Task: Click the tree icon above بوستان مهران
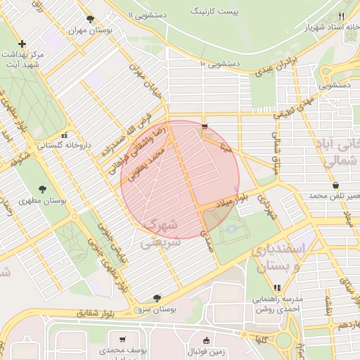(89, 19)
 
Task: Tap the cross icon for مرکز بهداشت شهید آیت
(23, 44)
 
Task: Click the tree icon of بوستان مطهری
(44, 188)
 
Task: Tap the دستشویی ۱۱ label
(153, 14)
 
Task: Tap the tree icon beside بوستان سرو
(156, 297)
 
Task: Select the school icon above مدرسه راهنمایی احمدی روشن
(277, 287)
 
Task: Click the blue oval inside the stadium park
(231, 228)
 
